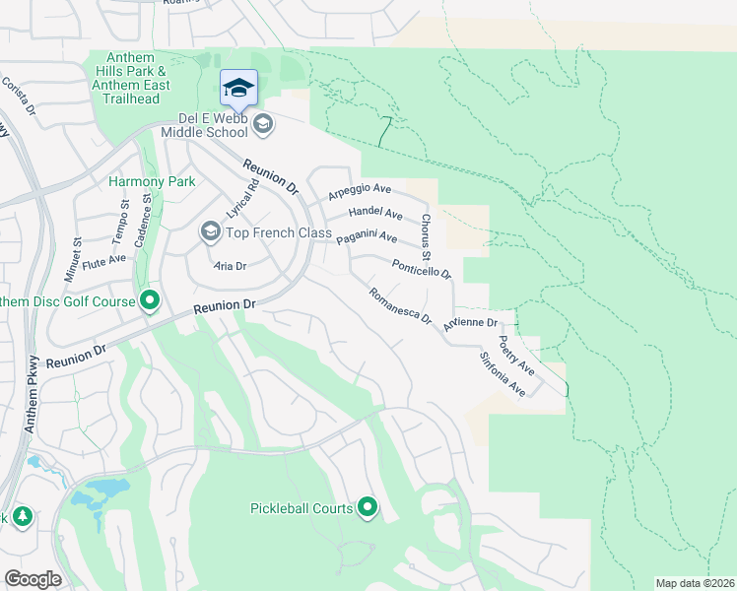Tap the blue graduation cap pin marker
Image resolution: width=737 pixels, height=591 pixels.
pyautogui.click(x=238, y=90)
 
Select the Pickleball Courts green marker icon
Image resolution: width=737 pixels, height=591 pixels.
pyautogui.click(x=368, y=508)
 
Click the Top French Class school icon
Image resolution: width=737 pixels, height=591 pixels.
pyautogui.click(x=210, y=231)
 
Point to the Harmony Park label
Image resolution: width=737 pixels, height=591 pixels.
pyautogui.click(x=152, y=181)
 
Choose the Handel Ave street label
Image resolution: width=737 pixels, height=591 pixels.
pyautogui.click(x=375, y=214)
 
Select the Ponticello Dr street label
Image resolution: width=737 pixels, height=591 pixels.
pyautogui.click(x=421, y=268)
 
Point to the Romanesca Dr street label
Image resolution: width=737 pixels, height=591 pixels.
pyautogui.click(x=400, y=306)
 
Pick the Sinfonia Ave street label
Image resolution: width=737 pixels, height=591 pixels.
pyautogui.click(x=503, y=375)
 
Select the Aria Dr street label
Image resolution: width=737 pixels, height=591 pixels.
pyautogui.click(x=230, y=266)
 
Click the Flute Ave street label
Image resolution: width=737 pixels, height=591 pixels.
pyautogui.click(x=104, y=260)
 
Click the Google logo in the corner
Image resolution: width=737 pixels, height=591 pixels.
pyautogui.click(x=33, y=578)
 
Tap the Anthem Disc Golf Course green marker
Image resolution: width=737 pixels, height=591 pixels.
pyautogui.click(x=150, y=300)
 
